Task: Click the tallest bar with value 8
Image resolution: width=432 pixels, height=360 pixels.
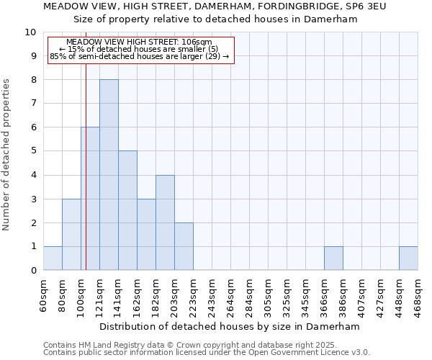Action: [x=109, y=175]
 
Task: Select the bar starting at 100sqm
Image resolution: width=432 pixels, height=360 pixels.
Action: [x=90, y=199]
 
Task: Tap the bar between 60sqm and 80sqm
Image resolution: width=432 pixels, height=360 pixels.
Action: [x=53, y=258]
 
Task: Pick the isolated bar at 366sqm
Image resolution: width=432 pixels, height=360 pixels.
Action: [x=333, y=258]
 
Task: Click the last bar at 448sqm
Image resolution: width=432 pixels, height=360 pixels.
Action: [x=408, y=258]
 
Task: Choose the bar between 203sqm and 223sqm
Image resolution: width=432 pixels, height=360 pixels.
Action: [x=184, y=246]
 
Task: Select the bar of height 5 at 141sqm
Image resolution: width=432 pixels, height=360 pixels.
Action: [x=127, y=210]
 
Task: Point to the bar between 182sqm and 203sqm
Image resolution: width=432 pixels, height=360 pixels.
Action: [x=165, y=222]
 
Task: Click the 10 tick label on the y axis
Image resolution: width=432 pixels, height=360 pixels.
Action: [x=30, y=32]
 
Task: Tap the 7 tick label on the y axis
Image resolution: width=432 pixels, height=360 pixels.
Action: [x=33, y=104]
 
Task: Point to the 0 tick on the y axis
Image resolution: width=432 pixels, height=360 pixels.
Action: [x=33, y=271]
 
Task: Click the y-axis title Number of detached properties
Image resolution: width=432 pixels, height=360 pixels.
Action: [x=7, y=155]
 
